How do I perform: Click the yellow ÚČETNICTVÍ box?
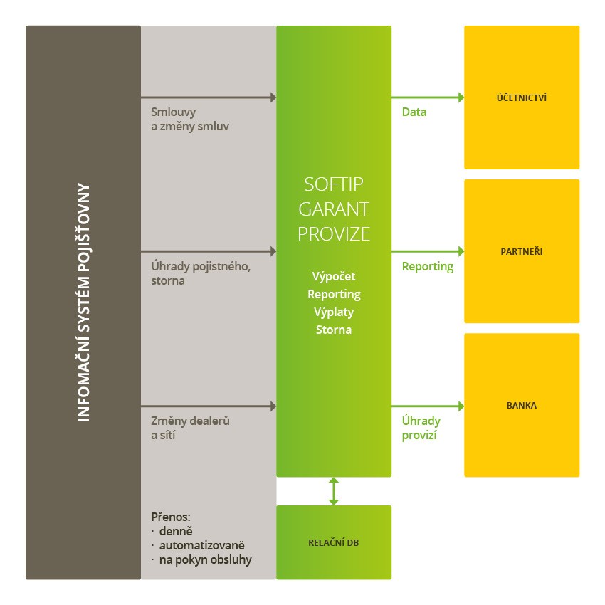coord(522,98)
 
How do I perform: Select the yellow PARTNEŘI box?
coord(522,251)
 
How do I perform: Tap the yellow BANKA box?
coord(522,405)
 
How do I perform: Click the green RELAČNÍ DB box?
coord(334,542)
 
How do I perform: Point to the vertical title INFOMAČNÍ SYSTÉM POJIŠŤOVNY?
coord(83,303)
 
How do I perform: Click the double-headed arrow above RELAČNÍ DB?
coord(334,491)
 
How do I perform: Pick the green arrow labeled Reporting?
coord(427,251)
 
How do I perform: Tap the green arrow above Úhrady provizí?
coord(427,406)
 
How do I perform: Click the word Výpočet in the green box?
coord(334,276)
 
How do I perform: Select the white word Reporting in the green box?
coord(334,294)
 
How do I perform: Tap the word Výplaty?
coord(334,312)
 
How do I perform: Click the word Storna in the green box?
coord(334,330)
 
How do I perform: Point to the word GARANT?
coord(334,209)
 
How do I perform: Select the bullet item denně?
coord(176,531)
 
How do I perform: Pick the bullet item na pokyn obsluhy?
coord(205,559)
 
